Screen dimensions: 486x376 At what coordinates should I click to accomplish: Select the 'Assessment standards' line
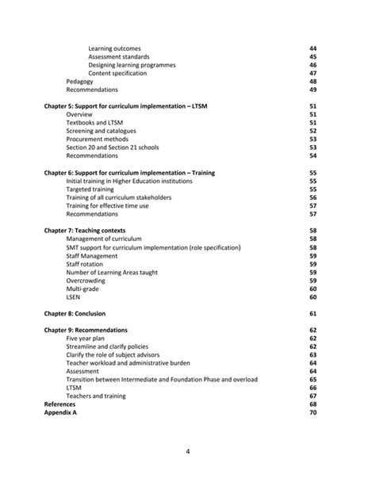[121, 57]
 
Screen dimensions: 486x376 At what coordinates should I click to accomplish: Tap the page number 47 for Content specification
[313, 73]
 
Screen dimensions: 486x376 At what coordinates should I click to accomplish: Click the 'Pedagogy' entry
[79, 82]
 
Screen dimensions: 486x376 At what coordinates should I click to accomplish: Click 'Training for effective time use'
[107, 205]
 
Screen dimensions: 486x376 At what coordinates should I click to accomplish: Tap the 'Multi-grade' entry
[83, 289]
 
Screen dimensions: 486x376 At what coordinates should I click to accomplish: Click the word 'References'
[60, 404]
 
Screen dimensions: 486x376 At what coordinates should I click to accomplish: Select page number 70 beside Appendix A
[313, 412]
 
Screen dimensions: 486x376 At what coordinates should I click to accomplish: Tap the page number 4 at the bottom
[187, 453]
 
